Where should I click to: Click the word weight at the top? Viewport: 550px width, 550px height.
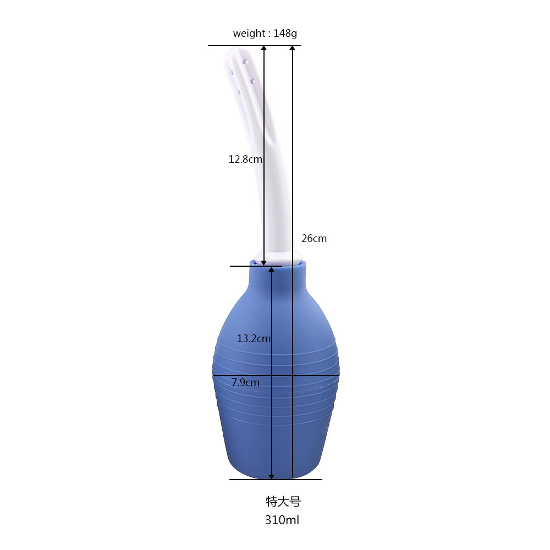249,34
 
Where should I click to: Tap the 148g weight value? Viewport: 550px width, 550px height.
285,34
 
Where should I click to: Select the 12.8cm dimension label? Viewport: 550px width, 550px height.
245,159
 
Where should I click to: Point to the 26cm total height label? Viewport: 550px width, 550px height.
314,238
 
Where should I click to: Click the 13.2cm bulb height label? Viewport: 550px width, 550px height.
254,339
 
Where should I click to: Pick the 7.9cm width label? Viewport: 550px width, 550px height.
245,382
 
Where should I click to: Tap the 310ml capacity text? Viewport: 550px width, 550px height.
282,520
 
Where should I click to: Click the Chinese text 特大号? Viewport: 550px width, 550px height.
283,502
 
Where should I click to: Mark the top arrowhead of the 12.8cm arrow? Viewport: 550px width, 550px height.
263,48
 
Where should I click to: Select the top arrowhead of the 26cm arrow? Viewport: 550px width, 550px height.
293,48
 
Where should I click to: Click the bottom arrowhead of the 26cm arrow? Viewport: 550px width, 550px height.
293,476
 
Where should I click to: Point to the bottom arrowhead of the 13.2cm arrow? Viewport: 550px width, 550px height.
271,476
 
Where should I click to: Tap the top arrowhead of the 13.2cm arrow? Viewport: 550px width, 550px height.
271,269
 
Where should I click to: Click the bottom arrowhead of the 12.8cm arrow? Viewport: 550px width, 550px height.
263,262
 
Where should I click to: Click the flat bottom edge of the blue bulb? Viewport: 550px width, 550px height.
275,476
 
